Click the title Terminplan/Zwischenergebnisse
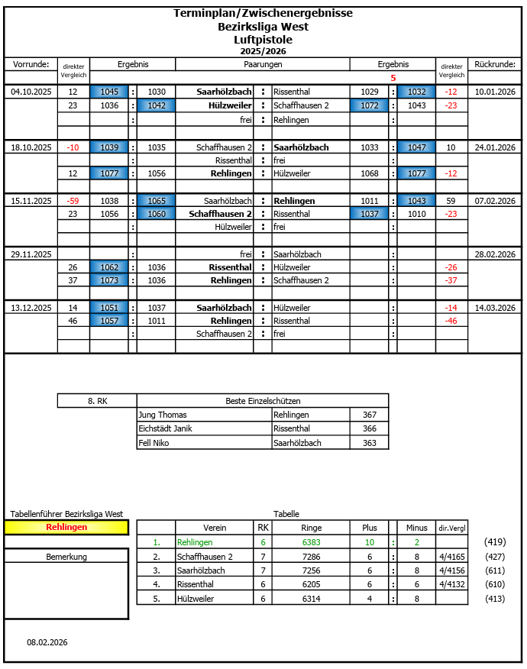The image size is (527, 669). pos(263,13)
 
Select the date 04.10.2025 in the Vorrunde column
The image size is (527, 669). pos(31,92)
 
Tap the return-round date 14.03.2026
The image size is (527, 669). pos(495,308)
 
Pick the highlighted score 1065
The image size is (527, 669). pos(157,201)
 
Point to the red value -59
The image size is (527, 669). pos(73,201)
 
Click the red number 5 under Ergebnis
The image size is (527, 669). pos(393,78)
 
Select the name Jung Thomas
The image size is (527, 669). pos(162,415)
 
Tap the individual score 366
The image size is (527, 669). pos(370,428)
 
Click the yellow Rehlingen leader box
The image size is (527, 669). pos(66,527)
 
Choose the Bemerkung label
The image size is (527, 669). pos(66,557)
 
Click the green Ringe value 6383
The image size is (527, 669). pos(312,542)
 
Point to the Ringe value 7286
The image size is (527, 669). pos(312,557)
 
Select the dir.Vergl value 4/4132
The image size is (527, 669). pos(451,584)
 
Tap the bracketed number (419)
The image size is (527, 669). pos(495,542)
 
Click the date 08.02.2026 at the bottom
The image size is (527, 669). pos(47,642)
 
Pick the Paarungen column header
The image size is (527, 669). pos(263,65)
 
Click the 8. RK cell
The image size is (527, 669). pos(97,401)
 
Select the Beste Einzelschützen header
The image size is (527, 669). pos(263,401)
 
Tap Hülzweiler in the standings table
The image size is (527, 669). pos(192,599)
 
